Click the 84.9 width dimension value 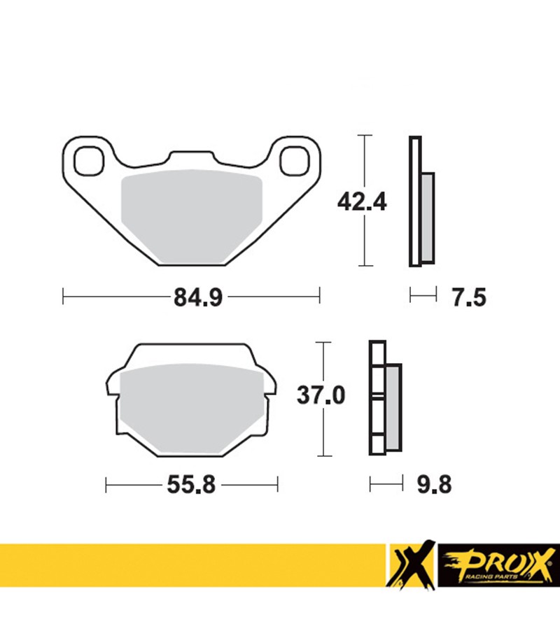(x=197, y=297)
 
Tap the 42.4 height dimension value (x=362, y=202)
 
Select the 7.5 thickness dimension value (x=469, y=297)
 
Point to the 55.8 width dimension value (x=191, y=485)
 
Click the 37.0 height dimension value (x=321, y=395)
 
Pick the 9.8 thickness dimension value (x=435, y=485)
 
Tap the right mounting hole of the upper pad (x=294, y=161)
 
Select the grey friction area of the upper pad (x=192, y=216)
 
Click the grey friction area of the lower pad (x=191, y=409)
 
